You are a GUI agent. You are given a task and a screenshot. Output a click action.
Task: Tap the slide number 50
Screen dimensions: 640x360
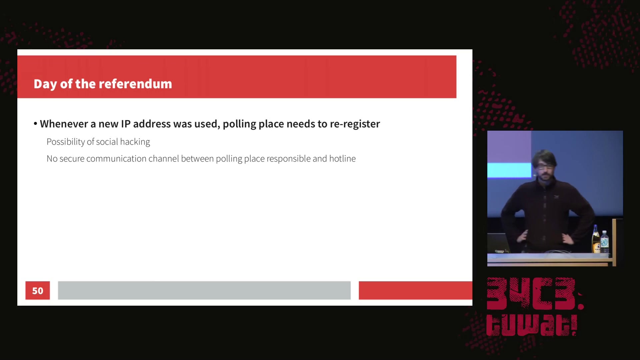pos(38,291)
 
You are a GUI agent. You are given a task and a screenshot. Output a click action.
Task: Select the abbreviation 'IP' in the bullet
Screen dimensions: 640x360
pos(126,124)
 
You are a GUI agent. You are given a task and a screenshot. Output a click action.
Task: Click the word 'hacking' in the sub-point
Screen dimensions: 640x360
pos(135,142)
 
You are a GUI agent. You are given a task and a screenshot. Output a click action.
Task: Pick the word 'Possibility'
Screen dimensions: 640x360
pos(66,142)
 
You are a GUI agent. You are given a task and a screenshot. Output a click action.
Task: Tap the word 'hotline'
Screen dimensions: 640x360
pos(342,159)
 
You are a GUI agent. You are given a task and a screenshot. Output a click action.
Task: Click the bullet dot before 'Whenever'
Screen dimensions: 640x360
pos(35,124)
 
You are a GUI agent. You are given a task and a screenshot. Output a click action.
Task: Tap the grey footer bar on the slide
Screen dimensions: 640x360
pos(204,290)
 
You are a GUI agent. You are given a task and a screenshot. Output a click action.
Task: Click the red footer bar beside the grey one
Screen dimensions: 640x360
pos(415,290)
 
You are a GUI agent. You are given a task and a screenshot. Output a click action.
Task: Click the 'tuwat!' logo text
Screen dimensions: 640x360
pos(532,325)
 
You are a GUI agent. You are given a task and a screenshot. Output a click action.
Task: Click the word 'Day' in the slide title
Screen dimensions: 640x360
pos(45,84)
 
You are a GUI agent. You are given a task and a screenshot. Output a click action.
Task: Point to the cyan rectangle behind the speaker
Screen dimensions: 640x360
pos(509,170)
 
